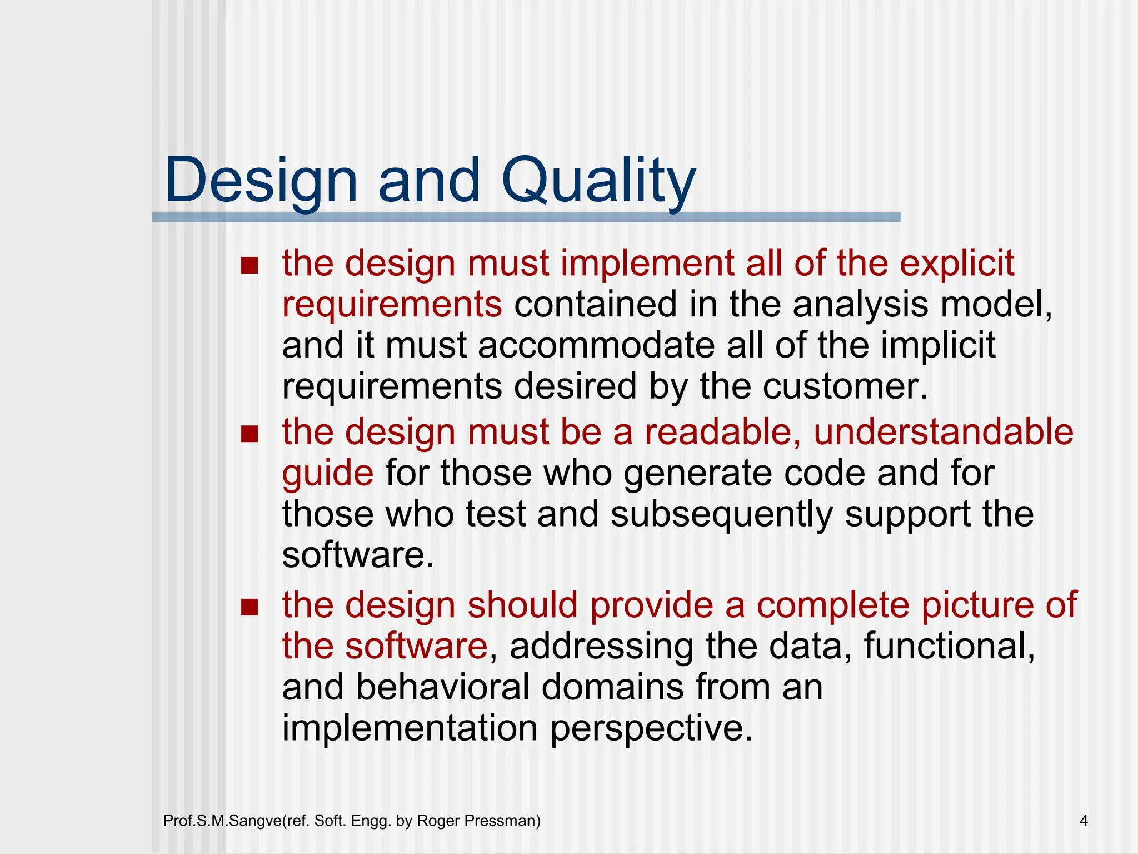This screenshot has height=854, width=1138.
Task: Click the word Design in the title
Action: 261,181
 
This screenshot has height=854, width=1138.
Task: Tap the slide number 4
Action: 1084,821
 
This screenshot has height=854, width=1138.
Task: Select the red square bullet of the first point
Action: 250,265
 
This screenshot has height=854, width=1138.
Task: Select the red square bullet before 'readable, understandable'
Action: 250,434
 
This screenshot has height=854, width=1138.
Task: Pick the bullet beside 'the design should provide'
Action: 250,607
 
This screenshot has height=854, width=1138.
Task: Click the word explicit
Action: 957,263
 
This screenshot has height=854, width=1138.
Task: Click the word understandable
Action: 943,432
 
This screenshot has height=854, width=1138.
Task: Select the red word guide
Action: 327,474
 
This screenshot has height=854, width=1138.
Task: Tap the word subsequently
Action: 721,514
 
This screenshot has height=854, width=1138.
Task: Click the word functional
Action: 949,646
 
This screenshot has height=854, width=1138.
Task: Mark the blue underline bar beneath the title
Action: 526,217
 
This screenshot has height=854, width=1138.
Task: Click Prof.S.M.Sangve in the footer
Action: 223,821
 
